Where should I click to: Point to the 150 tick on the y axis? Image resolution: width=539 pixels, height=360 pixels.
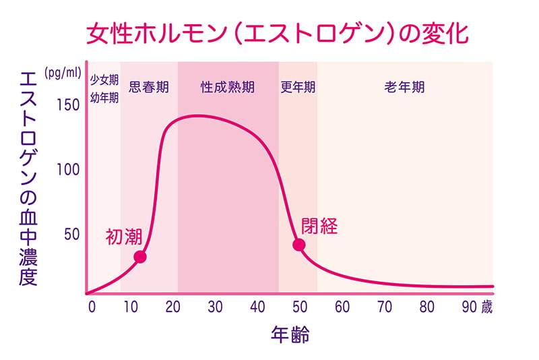(67, 106)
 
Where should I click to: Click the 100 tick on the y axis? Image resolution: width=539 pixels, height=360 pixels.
(67, 169)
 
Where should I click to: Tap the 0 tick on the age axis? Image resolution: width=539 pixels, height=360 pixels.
(92, 307)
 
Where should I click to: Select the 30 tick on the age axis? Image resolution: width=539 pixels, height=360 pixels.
(215, 307)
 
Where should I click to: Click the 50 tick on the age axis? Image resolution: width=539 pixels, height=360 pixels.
(299, 307)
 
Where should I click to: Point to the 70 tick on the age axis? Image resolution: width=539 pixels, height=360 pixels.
(384, 307)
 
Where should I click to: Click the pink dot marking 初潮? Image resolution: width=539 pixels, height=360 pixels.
(140, 256)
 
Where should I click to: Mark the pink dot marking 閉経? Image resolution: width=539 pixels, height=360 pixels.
(299, 244)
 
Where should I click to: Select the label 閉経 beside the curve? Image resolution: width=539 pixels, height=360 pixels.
(319, 226)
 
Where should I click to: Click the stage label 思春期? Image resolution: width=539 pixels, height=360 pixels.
(148, 87)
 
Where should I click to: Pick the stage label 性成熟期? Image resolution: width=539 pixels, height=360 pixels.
(228, 87)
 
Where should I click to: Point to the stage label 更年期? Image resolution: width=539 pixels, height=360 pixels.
(298, 87)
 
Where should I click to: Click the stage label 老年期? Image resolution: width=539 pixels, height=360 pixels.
(404, 87)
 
